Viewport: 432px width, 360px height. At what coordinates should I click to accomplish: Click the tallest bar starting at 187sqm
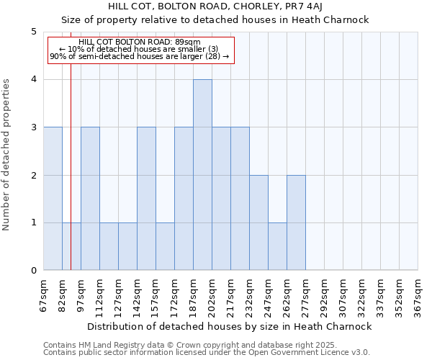click(x=202, y=175)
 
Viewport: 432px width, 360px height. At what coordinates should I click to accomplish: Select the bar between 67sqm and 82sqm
click(x=53, y=199)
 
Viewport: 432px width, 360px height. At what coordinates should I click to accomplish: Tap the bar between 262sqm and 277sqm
click(x=296, y=222)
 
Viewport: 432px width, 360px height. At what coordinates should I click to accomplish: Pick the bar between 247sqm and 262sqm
click(x=277, y=246)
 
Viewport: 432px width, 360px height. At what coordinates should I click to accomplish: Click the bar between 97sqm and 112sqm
click(x=90, y=199)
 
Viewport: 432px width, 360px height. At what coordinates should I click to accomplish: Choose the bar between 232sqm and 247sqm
click(x=258, y=222)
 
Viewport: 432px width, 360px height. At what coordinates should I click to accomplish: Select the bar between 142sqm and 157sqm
click(x=146, y=199)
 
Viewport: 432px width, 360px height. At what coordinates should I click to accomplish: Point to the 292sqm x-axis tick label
click(x=325, y=295)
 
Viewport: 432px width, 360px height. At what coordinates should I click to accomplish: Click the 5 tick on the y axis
click(x=33, y=32)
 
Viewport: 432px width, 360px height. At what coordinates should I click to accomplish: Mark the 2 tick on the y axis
click(x=33, y=175)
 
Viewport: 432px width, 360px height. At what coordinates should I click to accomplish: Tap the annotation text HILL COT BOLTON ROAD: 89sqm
click(x=140, y=42)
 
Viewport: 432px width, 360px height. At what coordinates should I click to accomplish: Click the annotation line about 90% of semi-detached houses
click(x=140, y=56)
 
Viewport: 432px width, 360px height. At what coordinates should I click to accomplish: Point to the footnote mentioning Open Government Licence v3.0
click(x=207, y=353)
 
